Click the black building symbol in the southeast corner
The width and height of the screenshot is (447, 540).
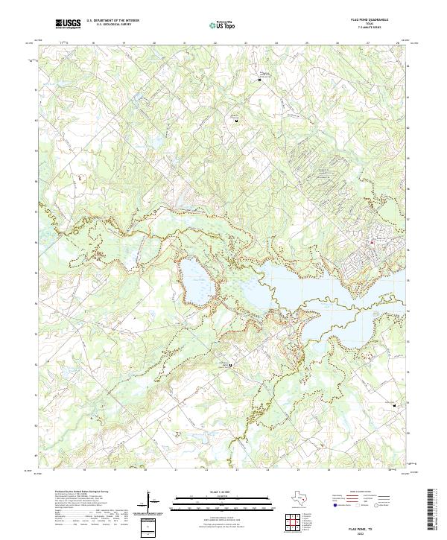coord(395,405)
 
